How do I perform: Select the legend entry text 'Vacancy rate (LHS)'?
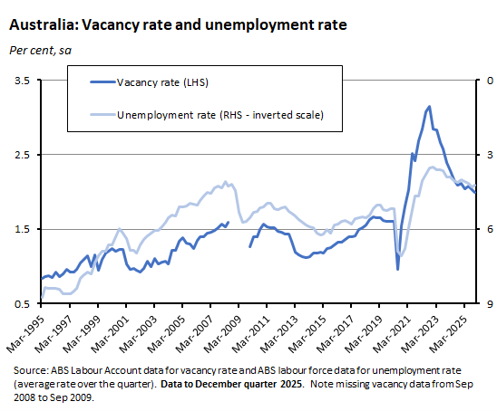(162, 84)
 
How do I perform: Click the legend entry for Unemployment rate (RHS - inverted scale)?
(215, 115)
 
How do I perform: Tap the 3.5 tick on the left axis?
(22, 81)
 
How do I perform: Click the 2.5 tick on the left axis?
(22, 155)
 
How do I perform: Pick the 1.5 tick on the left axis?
(22, 229)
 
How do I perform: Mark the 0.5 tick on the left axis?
(22, 303)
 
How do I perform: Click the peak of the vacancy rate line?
(429, 107)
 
